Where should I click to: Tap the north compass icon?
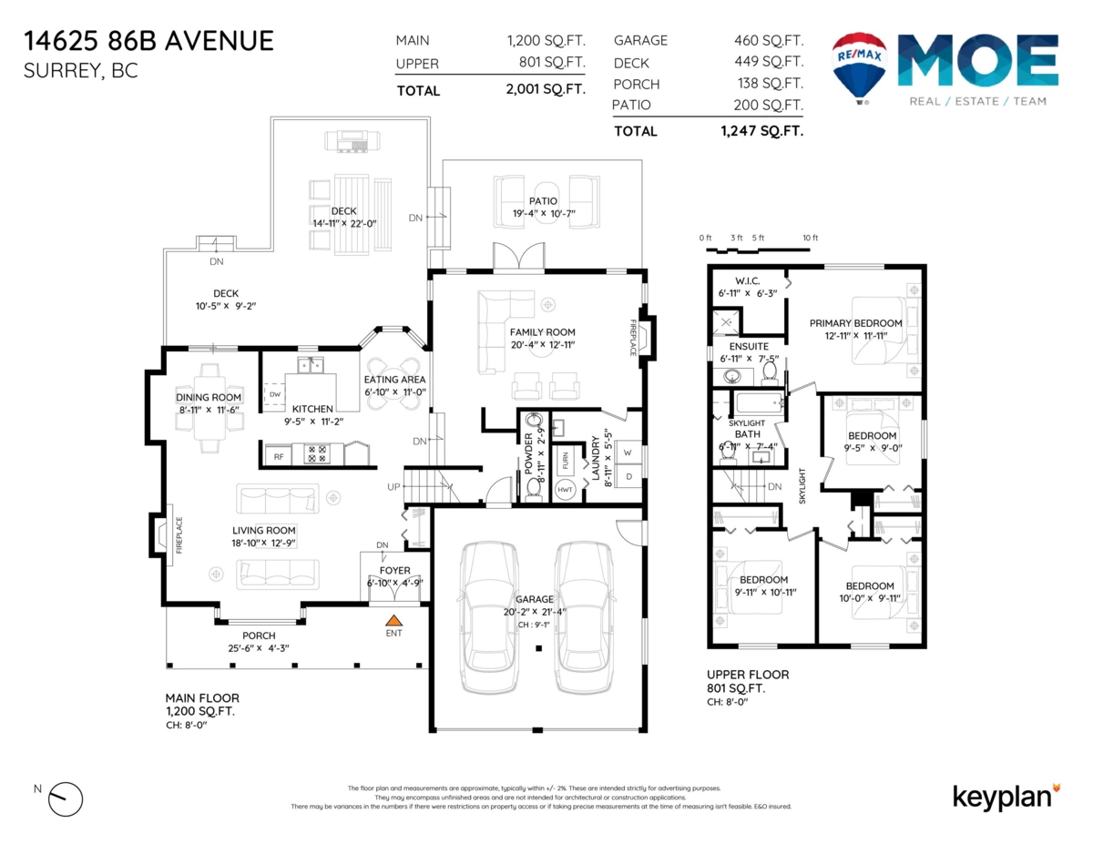(65, 798)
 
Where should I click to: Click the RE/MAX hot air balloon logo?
(860, 66)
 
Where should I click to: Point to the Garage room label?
(535, 599)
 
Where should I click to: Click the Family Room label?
(543, 332)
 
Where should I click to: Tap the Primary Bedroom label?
(856, 323)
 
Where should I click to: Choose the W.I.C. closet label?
(746, 280)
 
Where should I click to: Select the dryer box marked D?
(628, 476)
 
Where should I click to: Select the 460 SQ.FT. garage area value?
(768, 40)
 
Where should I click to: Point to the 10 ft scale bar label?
(810, 238)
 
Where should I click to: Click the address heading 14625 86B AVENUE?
(148, 41)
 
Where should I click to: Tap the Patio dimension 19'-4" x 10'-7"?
(544, 215)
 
